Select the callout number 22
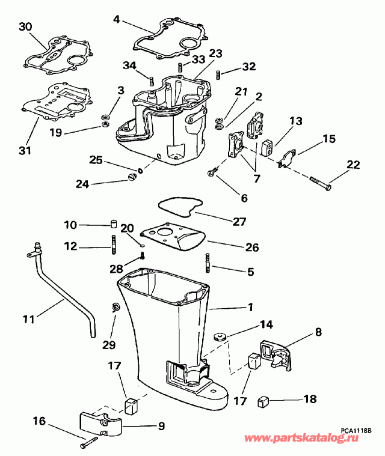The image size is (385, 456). tap(354, 165)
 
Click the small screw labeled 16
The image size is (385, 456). tap(88, 442)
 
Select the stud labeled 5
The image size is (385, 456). tap(208, 263)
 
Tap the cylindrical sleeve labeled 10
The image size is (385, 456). tap(112, 225)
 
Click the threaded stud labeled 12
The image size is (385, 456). tap(112, 245)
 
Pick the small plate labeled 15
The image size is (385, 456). tap(286, 157)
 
